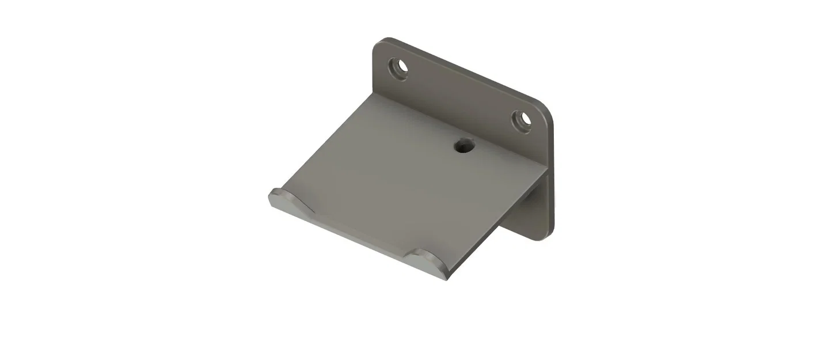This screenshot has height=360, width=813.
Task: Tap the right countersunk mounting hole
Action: pos(522,120)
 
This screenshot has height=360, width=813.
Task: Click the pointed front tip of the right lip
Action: pos(446,278)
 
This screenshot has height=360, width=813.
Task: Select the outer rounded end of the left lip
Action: pos(272,199)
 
